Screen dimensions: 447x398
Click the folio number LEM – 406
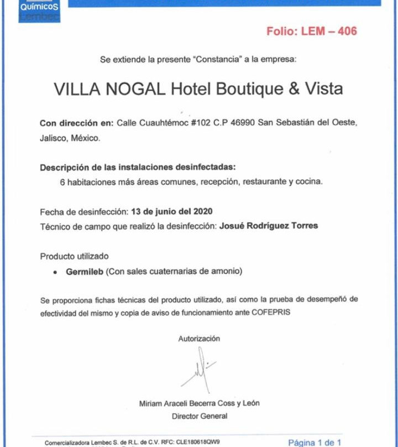328,31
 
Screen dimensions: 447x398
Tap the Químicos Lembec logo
39,11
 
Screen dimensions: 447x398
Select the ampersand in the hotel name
294,89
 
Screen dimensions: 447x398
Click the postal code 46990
243,123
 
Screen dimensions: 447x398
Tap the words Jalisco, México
70,138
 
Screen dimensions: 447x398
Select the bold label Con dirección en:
76,123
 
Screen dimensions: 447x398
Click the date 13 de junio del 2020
171,211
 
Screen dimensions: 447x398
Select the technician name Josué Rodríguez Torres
269,226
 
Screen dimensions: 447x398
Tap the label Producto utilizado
74,256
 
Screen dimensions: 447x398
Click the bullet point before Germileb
55,272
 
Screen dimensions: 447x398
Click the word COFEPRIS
271,313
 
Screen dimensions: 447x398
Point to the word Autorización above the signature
198,339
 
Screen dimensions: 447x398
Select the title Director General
199,415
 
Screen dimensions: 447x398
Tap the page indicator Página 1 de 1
315,442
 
